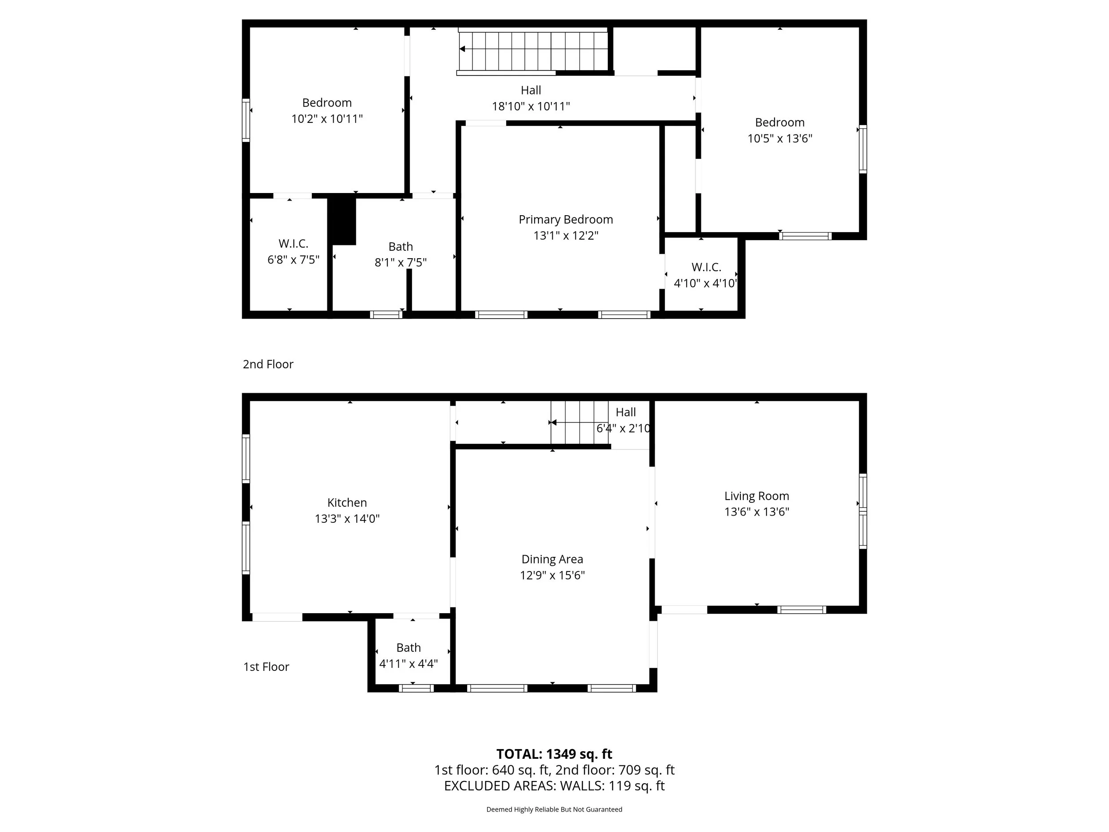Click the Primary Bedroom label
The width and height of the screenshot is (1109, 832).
566,220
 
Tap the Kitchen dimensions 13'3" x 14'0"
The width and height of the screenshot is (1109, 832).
347,519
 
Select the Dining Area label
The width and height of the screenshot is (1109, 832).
552,559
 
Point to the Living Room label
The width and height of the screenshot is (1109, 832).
756,496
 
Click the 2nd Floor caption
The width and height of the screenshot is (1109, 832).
268,364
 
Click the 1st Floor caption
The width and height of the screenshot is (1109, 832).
266,666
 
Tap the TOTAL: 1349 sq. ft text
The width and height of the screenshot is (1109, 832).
554,754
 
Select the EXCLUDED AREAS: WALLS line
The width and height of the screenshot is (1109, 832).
554,785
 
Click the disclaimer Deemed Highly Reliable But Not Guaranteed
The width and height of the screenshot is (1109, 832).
554,809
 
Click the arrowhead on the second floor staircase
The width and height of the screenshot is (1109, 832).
463,49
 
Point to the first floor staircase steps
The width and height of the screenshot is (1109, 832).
579,423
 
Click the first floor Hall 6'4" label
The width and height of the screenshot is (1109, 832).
625,412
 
